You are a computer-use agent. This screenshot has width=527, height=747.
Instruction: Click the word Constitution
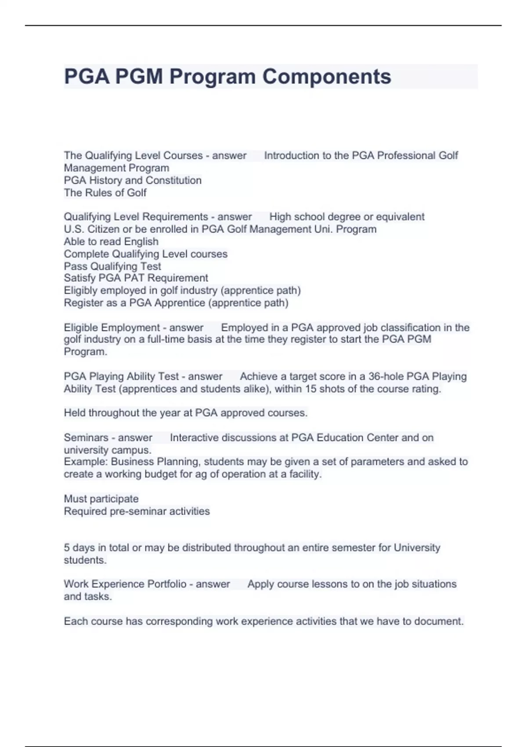(x=173, y=180)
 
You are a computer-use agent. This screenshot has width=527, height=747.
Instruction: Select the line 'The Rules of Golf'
(x=105, y=192)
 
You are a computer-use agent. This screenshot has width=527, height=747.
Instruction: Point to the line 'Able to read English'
(x=111, y=241)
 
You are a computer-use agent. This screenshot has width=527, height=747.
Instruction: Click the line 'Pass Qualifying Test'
(x=112, y=266)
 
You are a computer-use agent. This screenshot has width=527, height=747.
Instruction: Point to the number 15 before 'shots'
(x=310, y=388)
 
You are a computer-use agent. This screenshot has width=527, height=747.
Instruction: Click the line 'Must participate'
(x=101, y=498)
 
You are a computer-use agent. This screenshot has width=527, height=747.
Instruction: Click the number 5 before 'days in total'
(x=67, y=548)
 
